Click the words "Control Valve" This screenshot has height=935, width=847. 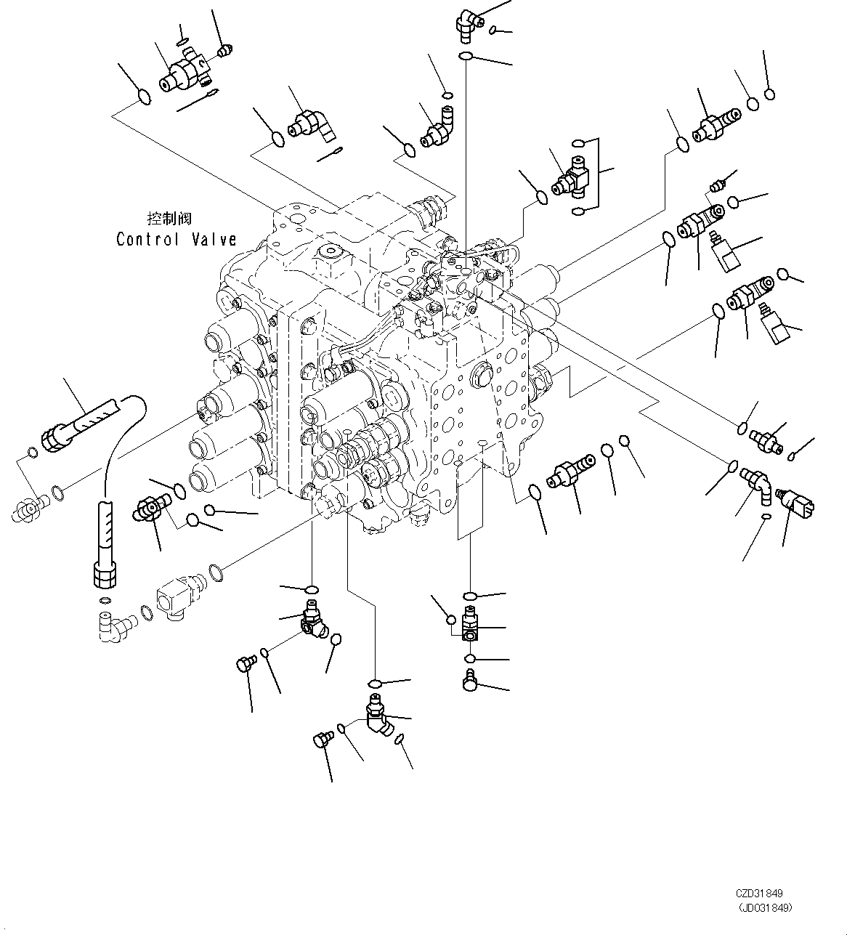[177, 239]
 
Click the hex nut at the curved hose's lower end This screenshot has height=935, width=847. [103, 575]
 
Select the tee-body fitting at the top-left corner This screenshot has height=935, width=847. [185, 72]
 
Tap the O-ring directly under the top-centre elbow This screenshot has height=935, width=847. [466, 57]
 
